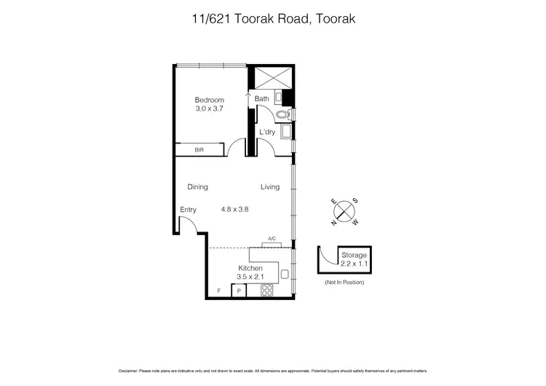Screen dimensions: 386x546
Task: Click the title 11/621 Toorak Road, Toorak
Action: (272, 20)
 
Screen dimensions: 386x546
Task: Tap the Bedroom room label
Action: (209, 100)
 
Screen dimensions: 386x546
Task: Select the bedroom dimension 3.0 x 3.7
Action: (209, 109)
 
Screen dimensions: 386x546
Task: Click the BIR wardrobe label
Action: (199, 150)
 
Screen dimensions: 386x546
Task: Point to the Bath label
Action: (262, 98)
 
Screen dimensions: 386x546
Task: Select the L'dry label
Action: (266, 132)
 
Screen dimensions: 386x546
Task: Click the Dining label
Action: (197, 187)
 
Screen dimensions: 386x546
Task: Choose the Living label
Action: (270, 187)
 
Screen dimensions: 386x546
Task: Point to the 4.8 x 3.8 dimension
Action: (235, 209)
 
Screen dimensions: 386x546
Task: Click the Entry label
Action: (189, 210)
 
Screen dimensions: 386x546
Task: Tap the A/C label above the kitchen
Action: (272, 239)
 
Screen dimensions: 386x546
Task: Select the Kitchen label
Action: (250, 268)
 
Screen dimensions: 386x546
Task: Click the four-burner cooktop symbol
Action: (266, 291)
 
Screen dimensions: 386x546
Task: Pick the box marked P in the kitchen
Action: (238, 291)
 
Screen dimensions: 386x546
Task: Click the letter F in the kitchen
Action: (218, 291)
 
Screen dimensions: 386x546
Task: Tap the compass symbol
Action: (344, 212)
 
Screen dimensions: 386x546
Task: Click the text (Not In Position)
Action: (344, 283)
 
